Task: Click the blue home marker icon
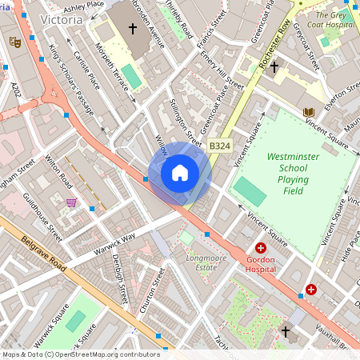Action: [180, 173]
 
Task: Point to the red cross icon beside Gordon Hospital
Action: [260, 249]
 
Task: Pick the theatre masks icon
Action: [14, 41]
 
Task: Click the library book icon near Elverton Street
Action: [309, 111]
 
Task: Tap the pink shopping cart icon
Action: [72, 202]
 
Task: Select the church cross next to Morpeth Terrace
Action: [132, 29]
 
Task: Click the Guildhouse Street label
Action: [42, 218]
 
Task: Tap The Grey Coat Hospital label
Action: [334, 20]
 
